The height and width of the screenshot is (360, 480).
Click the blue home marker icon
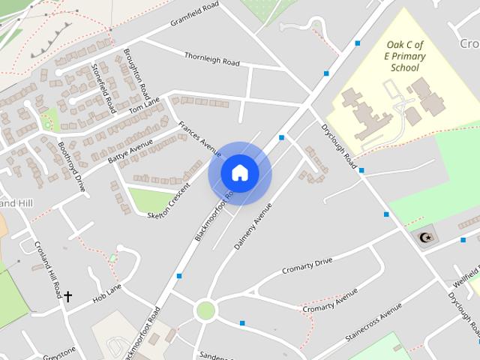(x=239, y=173)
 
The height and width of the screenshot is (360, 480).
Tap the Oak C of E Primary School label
(x=404, y=56)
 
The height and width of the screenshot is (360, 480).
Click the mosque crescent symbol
(x=425, y=238)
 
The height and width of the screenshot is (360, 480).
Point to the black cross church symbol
(x=67, y=296)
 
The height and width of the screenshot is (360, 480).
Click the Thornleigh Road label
(x=211, y=58)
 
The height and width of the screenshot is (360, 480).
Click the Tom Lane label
(x=144, y=109)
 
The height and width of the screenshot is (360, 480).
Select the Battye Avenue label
(x=130, y=150)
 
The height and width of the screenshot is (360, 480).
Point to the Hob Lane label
(x=106, y=293)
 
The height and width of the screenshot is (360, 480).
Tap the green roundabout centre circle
(x=205, y=310)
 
